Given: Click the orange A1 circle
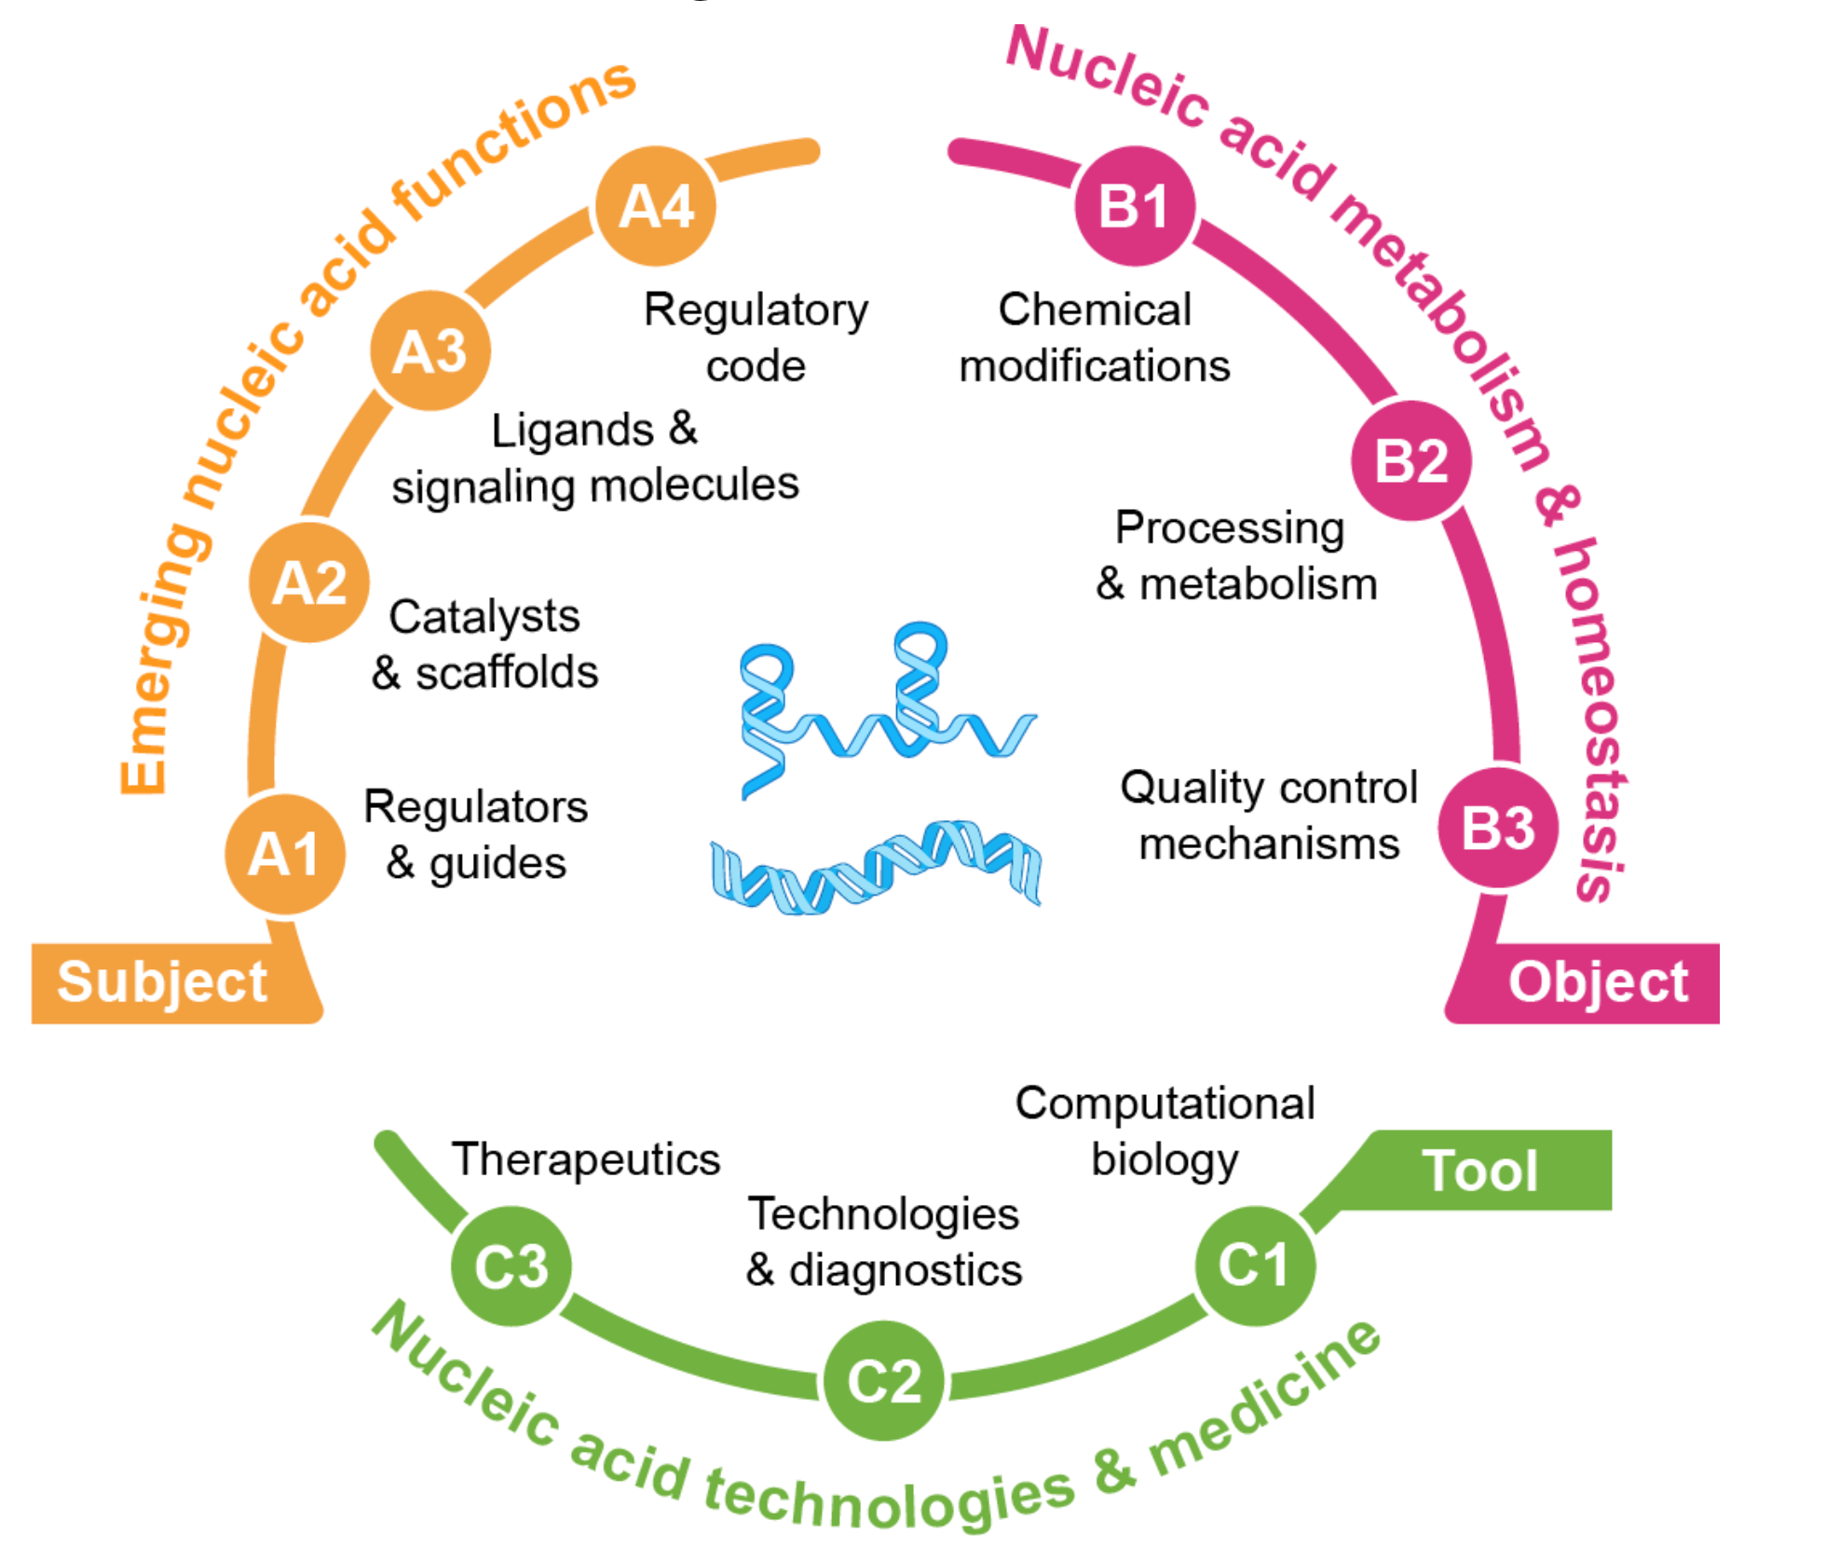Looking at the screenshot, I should click(285, 854).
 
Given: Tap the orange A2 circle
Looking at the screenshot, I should click(309, 583).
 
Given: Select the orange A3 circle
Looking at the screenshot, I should click(429, 351).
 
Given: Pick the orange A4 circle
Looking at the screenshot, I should click(656, 206).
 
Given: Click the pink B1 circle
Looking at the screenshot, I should click(1134, 206).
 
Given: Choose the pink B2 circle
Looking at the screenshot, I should click(1410, 460).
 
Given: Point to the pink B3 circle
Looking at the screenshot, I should click(1497, 828).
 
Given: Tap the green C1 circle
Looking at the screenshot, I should click(1254, 1266).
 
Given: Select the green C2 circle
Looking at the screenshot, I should click(884, 1380).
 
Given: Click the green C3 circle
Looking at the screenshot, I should click(511, 1266).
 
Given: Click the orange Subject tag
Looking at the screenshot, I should click(163, 982).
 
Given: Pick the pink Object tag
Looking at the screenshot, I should click(1597, 982).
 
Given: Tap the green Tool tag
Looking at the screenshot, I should click(1479, 1171).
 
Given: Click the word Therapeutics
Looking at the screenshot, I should click(586, 1160).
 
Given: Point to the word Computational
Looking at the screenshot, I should click(1165, 1103).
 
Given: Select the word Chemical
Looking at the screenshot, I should click(1095, 309).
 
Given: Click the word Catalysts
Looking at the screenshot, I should click(484, 616).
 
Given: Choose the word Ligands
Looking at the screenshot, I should click(572, 431).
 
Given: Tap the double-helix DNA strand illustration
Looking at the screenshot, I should click(876, 867).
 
